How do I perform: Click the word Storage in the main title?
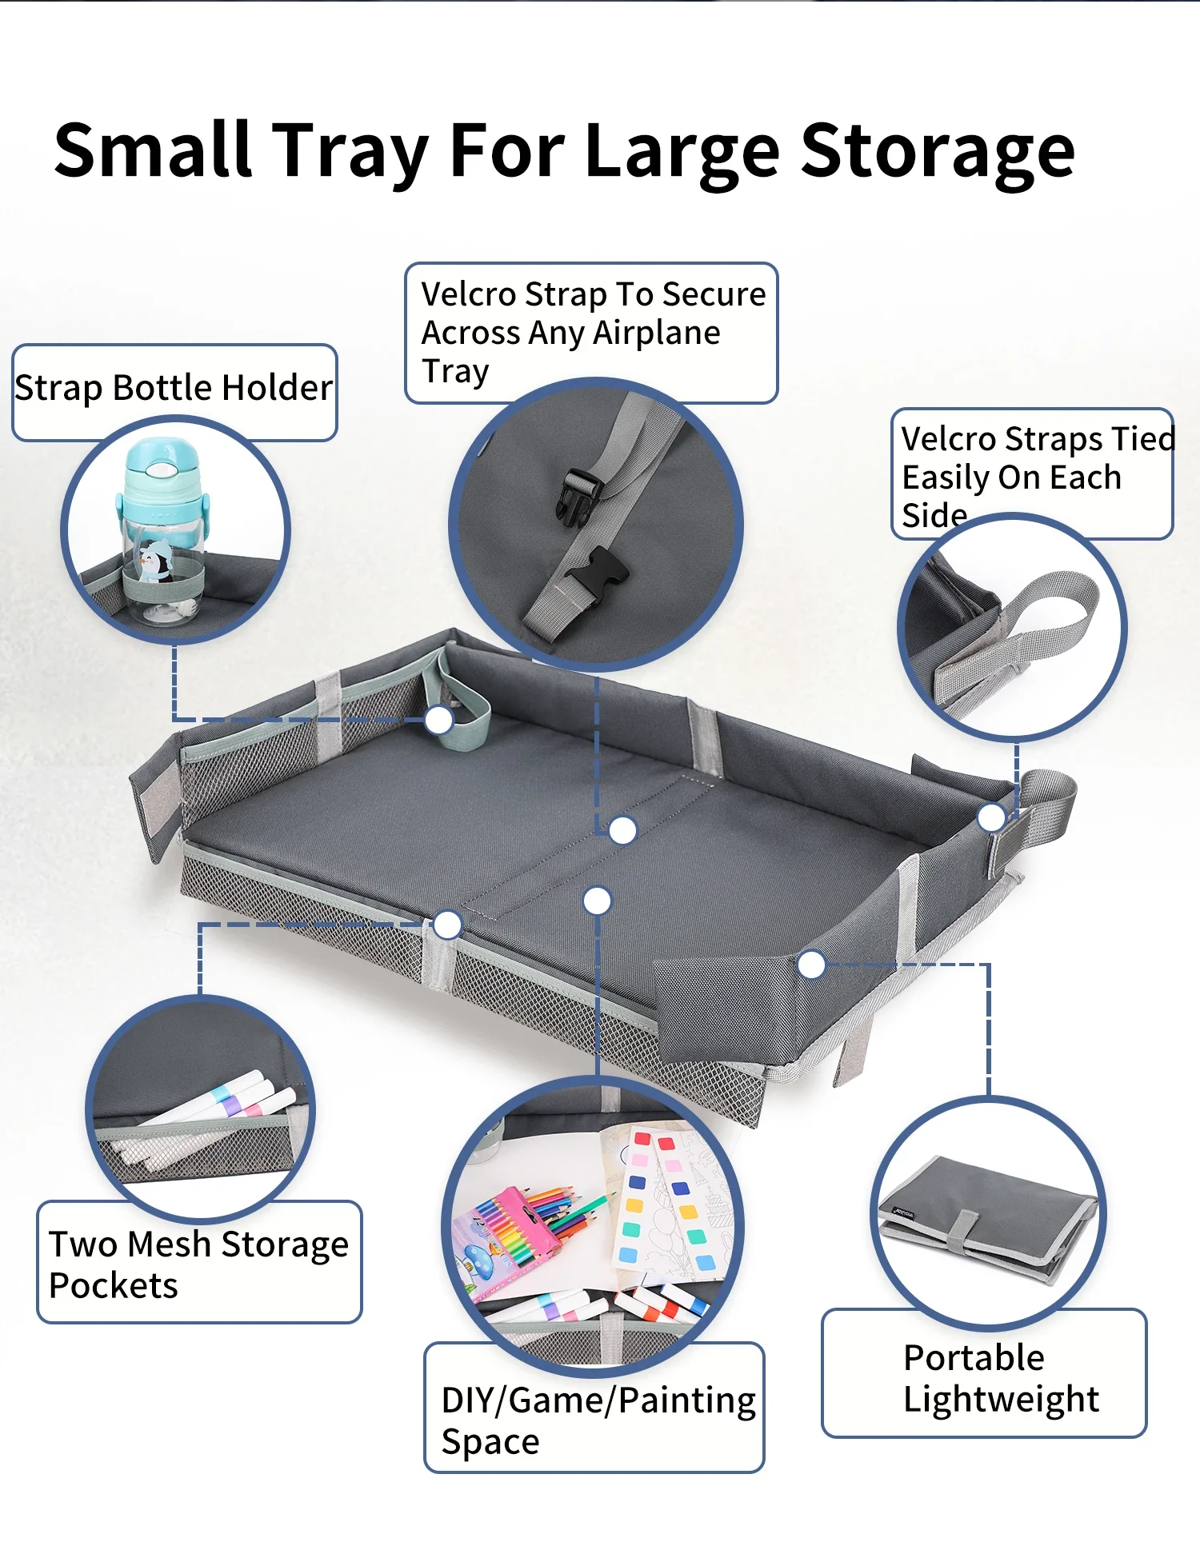(x=938, y=151)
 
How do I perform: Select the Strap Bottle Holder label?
(x=174, y=388)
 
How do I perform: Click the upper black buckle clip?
(x=579, y=496)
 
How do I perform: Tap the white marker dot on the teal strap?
(x=439, y=720)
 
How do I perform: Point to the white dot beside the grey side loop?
(x=992, y=817)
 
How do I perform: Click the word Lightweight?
(x=1001, y=1400)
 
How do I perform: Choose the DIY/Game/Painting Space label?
(x=598, y=1420)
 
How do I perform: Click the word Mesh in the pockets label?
(x=169, y=1244)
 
